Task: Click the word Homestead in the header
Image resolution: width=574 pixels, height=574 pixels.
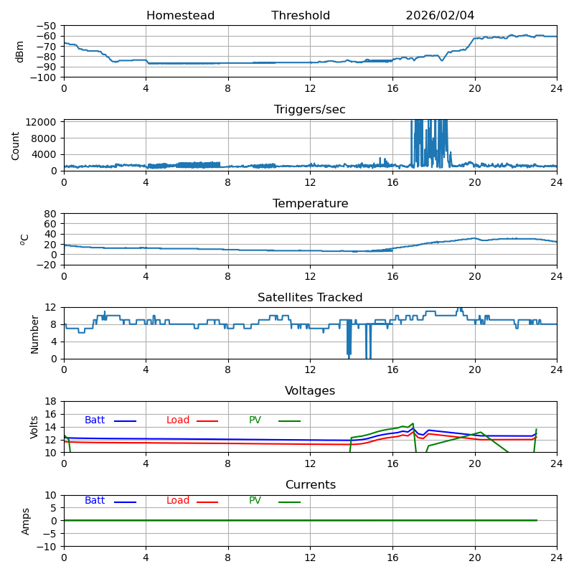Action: click(180, 16)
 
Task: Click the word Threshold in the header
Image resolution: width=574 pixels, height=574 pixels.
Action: click(301, 16)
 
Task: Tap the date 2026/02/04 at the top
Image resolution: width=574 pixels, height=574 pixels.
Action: click(440, 16)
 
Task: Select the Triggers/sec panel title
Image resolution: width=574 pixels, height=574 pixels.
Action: click(310, 110)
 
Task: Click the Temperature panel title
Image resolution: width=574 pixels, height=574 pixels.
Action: click(310, 204)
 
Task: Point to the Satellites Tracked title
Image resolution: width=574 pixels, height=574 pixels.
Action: click(310, 298)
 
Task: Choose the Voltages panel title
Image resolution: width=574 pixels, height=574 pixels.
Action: click(310, 391)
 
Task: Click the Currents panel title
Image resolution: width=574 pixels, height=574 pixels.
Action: click(310, 485)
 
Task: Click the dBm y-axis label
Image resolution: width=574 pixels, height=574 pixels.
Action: click(20, 52)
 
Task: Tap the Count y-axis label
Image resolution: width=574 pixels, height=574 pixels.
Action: click(17, 146)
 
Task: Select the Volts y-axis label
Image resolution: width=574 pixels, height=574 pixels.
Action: click(34, 427)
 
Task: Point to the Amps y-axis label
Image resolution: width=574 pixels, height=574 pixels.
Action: click(26, 521)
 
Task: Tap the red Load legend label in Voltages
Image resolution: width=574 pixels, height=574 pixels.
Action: click(178, 420)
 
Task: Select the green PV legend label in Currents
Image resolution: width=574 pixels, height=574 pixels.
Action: click(255, 501)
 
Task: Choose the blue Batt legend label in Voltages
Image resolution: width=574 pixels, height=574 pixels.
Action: click(95, 420)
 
